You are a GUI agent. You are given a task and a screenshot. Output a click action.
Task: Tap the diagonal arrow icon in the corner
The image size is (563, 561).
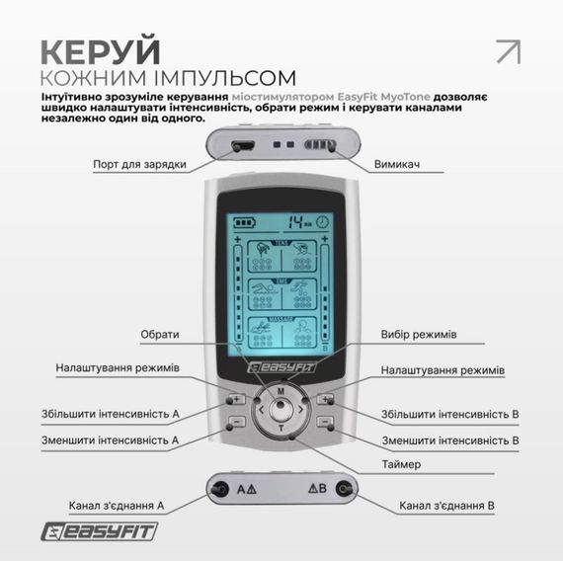coord(508,51)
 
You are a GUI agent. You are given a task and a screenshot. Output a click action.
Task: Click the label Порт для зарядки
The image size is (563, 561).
coord(139,164)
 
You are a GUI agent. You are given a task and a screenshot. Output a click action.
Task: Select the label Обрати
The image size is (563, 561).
coord(159,334)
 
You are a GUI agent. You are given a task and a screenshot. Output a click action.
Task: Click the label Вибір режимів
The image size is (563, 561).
coord(419,334)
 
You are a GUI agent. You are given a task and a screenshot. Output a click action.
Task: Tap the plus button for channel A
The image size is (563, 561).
coord(237,400)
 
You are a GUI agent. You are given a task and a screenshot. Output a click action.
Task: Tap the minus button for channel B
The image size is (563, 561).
coord(326,422)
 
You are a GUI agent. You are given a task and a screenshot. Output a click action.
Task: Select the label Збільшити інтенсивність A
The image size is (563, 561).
coord(110,414)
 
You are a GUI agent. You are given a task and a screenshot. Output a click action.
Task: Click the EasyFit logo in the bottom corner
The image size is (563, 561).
coord(99,533)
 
